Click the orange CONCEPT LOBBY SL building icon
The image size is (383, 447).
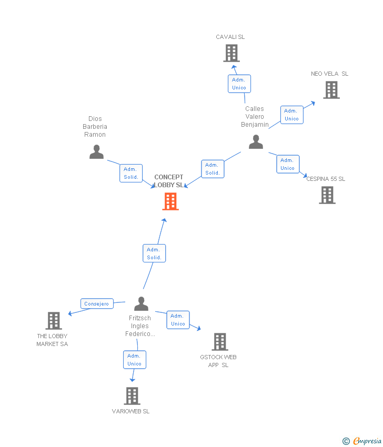[x=170, y=201]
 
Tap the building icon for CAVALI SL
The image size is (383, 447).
[x=231, y=53]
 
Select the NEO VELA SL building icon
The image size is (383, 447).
[x=331, y=90]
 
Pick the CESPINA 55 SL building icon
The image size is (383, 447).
[x=327, y=195]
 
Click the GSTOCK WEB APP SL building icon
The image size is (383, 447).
[x=220, y=342]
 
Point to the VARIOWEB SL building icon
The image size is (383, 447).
[x=132, y=396]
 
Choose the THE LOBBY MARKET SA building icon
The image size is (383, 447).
[x=54, y=321]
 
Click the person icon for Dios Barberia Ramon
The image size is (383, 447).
[x=96, y=151]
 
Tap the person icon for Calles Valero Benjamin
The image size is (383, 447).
[x=256, y=142]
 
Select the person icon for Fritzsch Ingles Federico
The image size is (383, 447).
[x=141, y=304]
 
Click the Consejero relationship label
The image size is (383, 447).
[x=97, y=304]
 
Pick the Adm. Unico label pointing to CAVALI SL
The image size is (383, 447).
[x=239, y=84]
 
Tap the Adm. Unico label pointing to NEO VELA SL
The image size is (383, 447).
[x=291, y=115]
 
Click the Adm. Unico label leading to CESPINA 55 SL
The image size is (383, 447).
[x=287, y=164]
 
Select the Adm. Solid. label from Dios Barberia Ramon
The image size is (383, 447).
[x=130, y=173]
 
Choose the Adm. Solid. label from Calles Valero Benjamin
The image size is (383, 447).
[x=213, y=169]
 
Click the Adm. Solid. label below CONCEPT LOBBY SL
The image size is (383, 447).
[x=154, y=253]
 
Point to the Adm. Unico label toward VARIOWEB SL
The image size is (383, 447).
[x=135, y=360]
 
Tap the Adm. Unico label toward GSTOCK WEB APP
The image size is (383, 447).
[x=178, y=320]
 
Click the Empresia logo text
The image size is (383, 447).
[x=367, y=441]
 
